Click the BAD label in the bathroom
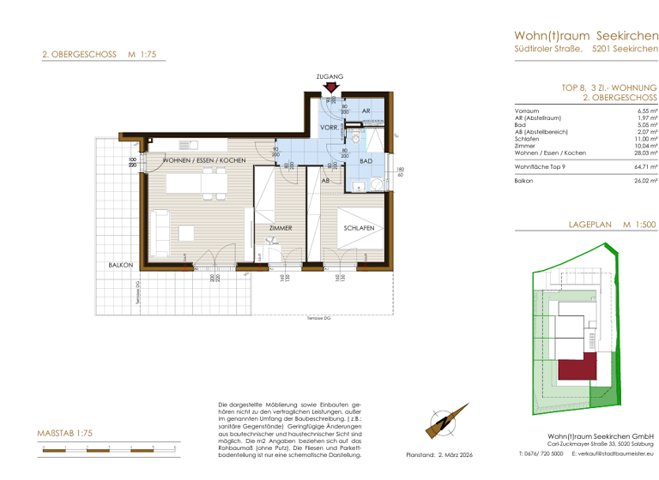[x=366, y=161]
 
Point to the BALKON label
[x=119, y=266]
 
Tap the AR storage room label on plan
[x=366, y=112]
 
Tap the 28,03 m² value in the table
[x=647, y=153]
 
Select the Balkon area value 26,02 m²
[x=645, y=181]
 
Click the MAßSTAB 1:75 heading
[x=65, y=435]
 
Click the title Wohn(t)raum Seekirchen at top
[x=586, y=35]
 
